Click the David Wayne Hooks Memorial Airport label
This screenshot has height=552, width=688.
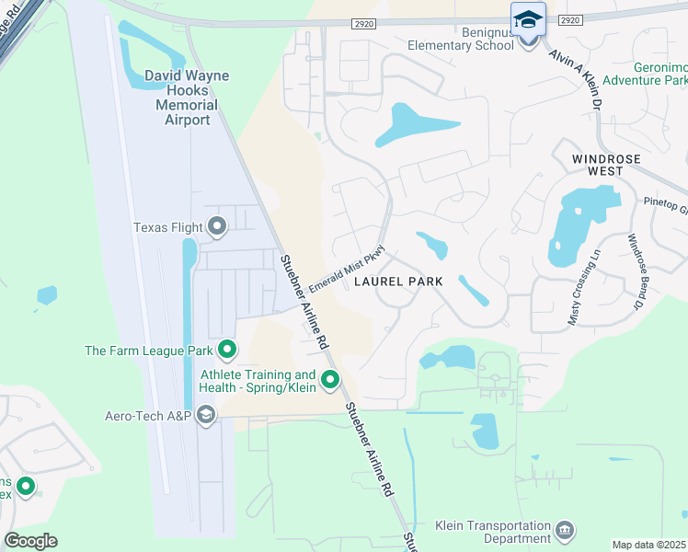[x=187, y=98]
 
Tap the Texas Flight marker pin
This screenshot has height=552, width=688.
[x=218, y=225]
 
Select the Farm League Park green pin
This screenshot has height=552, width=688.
[x=227, y=350]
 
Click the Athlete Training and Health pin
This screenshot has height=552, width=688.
[x=330, y=379]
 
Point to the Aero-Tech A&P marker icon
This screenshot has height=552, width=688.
[x=205, y=415]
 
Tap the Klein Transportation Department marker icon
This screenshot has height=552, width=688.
[x=565, y=531]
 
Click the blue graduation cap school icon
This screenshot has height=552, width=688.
[x=529, y=20]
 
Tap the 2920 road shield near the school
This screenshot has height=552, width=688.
[x=570, y=19]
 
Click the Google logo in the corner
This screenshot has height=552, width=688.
[x=30, y=540]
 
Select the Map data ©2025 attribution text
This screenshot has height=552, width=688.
[x=649, y=545]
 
